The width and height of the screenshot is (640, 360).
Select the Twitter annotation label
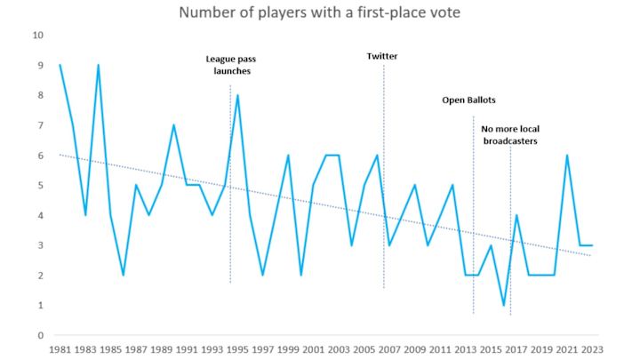click(x=382, y=56)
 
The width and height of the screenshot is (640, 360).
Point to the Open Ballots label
click(x=468, y=100)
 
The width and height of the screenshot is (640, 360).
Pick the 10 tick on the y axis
click(x=37, y=36)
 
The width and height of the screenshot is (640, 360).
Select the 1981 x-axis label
click(x=60, y=350)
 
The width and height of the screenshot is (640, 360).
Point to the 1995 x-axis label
click(x=237, y=350)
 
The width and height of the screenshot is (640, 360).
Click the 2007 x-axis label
click(x=389, y=350)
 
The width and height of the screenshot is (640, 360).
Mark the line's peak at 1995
click(x=237, y=95)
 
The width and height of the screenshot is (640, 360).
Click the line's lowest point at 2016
click(x=503, y=305)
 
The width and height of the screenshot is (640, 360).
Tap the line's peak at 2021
click(x=566, y=156)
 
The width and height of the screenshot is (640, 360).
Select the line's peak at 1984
click(x=98, y=65)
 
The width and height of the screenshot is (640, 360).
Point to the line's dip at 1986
click(x=124, y=275)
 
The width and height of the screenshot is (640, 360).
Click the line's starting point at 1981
click(x=60, y=65)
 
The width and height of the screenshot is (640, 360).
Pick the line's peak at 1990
click(x=174, y=125)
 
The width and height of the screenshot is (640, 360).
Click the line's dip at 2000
click(x=300, y=275)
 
